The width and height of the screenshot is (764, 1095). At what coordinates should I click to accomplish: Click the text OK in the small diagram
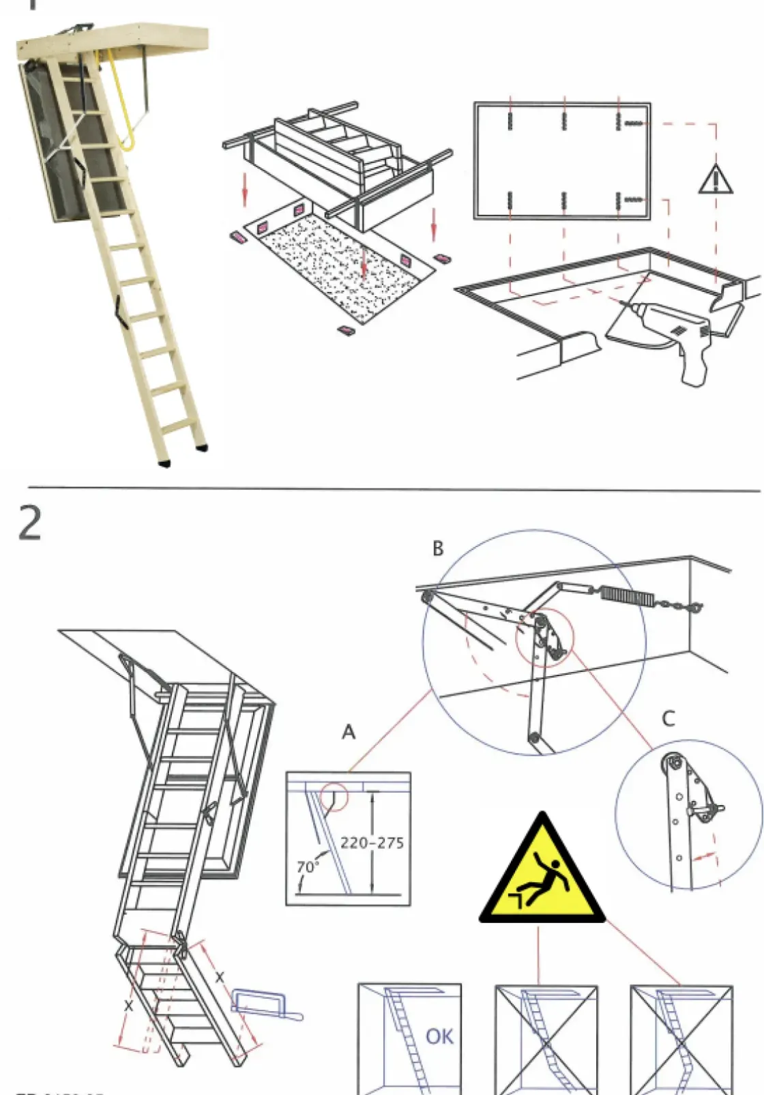tap(439, 1036)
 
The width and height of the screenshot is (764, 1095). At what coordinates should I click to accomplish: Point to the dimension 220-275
tap(372, 843)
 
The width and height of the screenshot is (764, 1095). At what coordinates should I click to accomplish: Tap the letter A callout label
tap(349, 733)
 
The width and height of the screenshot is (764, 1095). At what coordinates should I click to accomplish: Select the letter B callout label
tap(438, 548)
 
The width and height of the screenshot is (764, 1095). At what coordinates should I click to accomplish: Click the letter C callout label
tap(668, 718)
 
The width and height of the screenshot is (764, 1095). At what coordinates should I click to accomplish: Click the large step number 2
tap(29, 524)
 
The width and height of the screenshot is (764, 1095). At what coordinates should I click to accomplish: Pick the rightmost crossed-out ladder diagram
tap(681, 1037)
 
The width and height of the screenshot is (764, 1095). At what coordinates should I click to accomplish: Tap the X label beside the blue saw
tap(220, 978)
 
